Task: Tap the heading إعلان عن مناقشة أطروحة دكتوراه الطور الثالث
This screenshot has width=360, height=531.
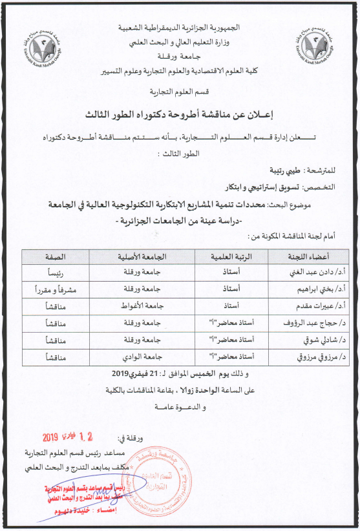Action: click(180, 114)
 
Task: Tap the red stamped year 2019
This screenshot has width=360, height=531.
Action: click(55, 437)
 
